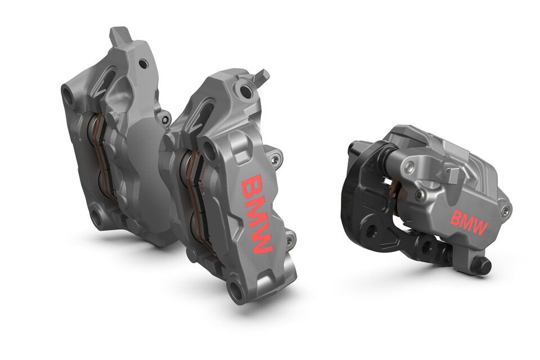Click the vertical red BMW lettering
point(257,214)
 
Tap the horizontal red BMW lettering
point(469,222)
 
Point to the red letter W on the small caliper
point(479,228)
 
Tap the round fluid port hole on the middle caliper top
point(245,91)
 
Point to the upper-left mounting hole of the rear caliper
point(68,96)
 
